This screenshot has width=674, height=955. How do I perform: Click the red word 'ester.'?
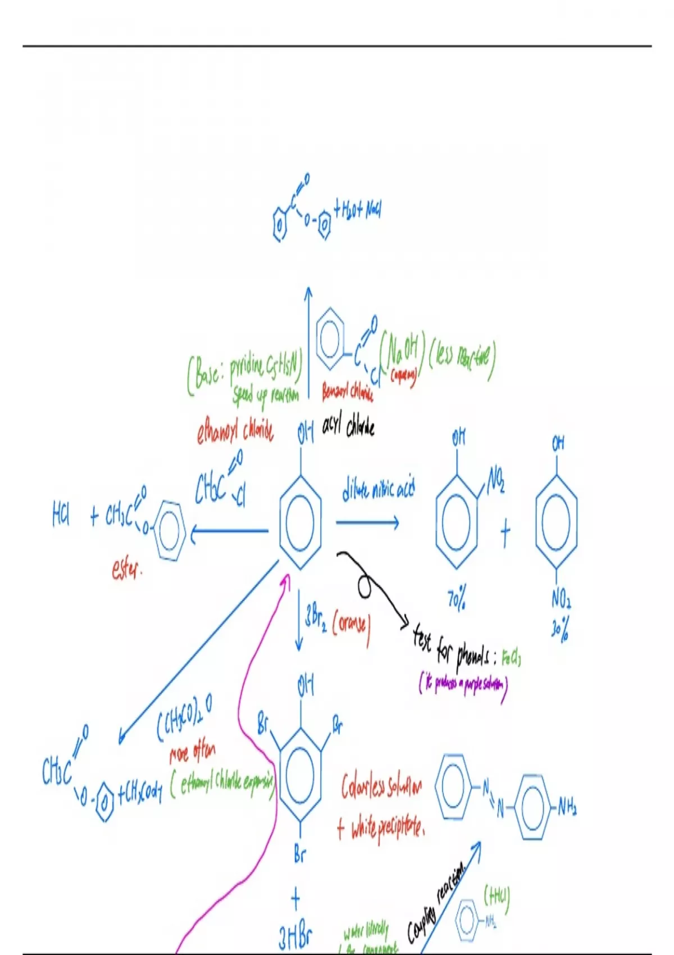(127, 570)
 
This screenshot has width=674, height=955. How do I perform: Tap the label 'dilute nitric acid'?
(378, 490)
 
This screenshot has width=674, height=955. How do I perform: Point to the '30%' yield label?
(561, 631)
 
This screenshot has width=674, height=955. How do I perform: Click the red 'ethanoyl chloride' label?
(235, 431)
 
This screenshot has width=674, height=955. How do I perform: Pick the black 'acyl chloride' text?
(348, 428)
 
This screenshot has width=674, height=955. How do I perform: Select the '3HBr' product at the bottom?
(295, 937)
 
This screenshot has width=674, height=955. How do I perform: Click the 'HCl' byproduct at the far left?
(61, 515)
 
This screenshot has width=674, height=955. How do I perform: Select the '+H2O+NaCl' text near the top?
(358, 211)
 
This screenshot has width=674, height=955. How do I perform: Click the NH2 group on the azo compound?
(567, 807)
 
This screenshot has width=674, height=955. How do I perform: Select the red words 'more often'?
(192, 752)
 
